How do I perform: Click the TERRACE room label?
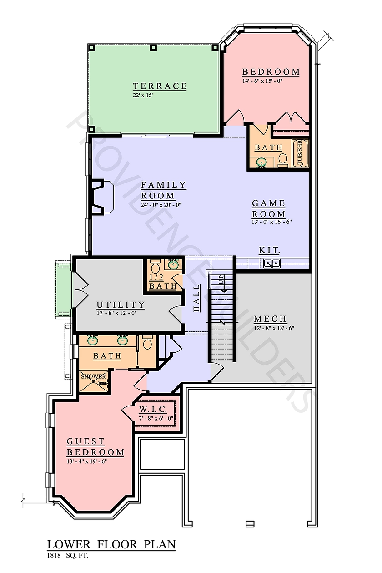click(x=160, y=86)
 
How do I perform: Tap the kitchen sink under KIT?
click(x=272, y=263)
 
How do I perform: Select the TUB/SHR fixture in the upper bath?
click(x=300, y=153)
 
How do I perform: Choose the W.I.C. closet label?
click(x=153, y=410)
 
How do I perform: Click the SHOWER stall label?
click(x=93, y=376)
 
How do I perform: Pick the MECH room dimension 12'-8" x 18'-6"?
click(x=274, y=328)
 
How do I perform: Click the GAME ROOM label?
click(x=269, y=208)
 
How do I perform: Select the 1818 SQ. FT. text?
click(x=68, y=556)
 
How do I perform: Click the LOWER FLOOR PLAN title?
click(x=111, y=545)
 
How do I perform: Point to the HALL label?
click(x=196, y=298)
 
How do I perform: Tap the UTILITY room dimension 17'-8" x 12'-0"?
click(x=117, y=313)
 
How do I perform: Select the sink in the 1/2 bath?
click(x=173, y=264)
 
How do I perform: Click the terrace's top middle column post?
click(x=153, y=48)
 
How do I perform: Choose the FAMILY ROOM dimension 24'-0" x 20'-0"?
click(x=161, y=205)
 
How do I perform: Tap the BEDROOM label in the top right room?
click(x=271, y=72)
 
